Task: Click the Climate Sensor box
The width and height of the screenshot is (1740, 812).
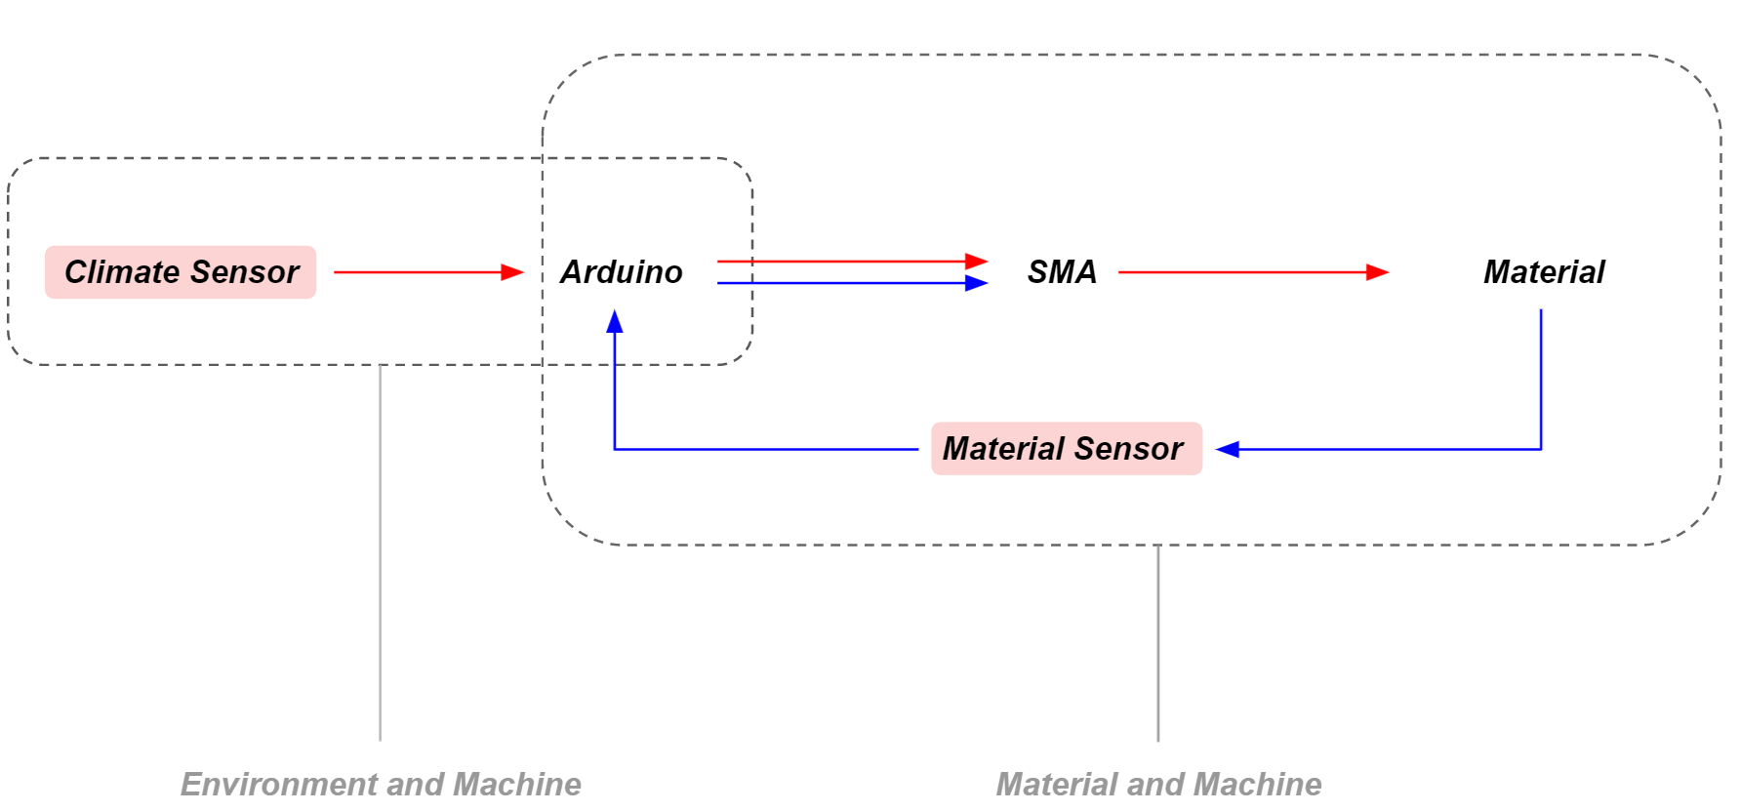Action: coord(181,272)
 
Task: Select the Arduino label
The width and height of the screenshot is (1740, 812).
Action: coord(622,272)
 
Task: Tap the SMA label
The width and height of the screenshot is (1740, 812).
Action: coord(1062,272)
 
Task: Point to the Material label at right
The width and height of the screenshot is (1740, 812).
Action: coord(1543,272)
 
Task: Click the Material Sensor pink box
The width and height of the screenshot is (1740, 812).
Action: coord(1066,449)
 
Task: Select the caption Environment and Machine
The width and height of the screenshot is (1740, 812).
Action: coord(381,784)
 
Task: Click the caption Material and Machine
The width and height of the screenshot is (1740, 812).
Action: coord(1157,784)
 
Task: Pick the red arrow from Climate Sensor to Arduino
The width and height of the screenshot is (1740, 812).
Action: coord(420,272)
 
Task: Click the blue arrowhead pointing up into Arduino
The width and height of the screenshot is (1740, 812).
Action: coord(615,322)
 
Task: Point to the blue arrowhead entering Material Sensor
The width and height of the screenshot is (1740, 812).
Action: coord(1228,449)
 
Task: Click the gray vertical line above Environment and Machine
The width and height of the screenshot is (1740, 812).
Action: coord(380,556)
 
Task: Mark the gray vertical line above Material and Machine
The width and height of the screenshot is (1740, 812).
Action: coord(1157,644)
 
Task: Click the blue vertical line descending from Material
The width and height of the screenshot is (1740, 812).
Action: coord(1541,381)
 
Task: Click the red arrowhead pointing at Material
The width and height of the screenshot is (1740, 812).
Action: coord(1377,272)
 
